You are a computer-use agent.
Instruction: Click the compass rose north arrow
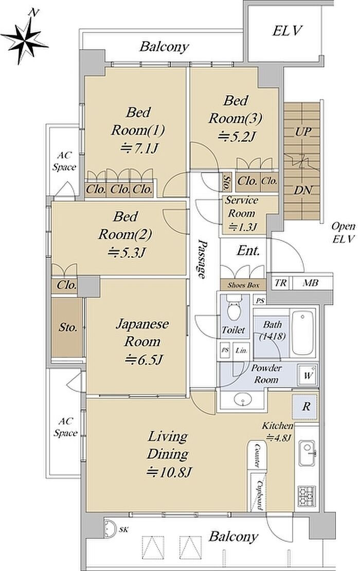click(25, 40)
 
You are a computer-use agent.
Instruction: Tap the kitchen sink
click(307, 453)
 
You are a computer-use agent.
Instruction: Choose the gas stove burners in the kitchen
click(307, 495)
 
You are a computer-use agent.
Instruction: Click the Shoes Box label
click(243, 285)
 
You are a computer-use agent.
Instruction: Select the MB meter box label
click(311, 283)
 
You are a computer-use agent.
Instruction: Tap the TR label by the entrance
click(280, 283)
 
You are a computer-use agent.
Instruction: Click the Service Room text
click(242, 207)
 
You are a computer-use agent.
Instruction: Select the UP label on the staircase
click(302, 132)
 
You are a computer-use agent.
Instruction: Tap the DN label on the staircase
click(302, 190)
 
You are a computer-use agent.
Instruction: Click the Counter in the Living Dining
click(257, 455)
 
